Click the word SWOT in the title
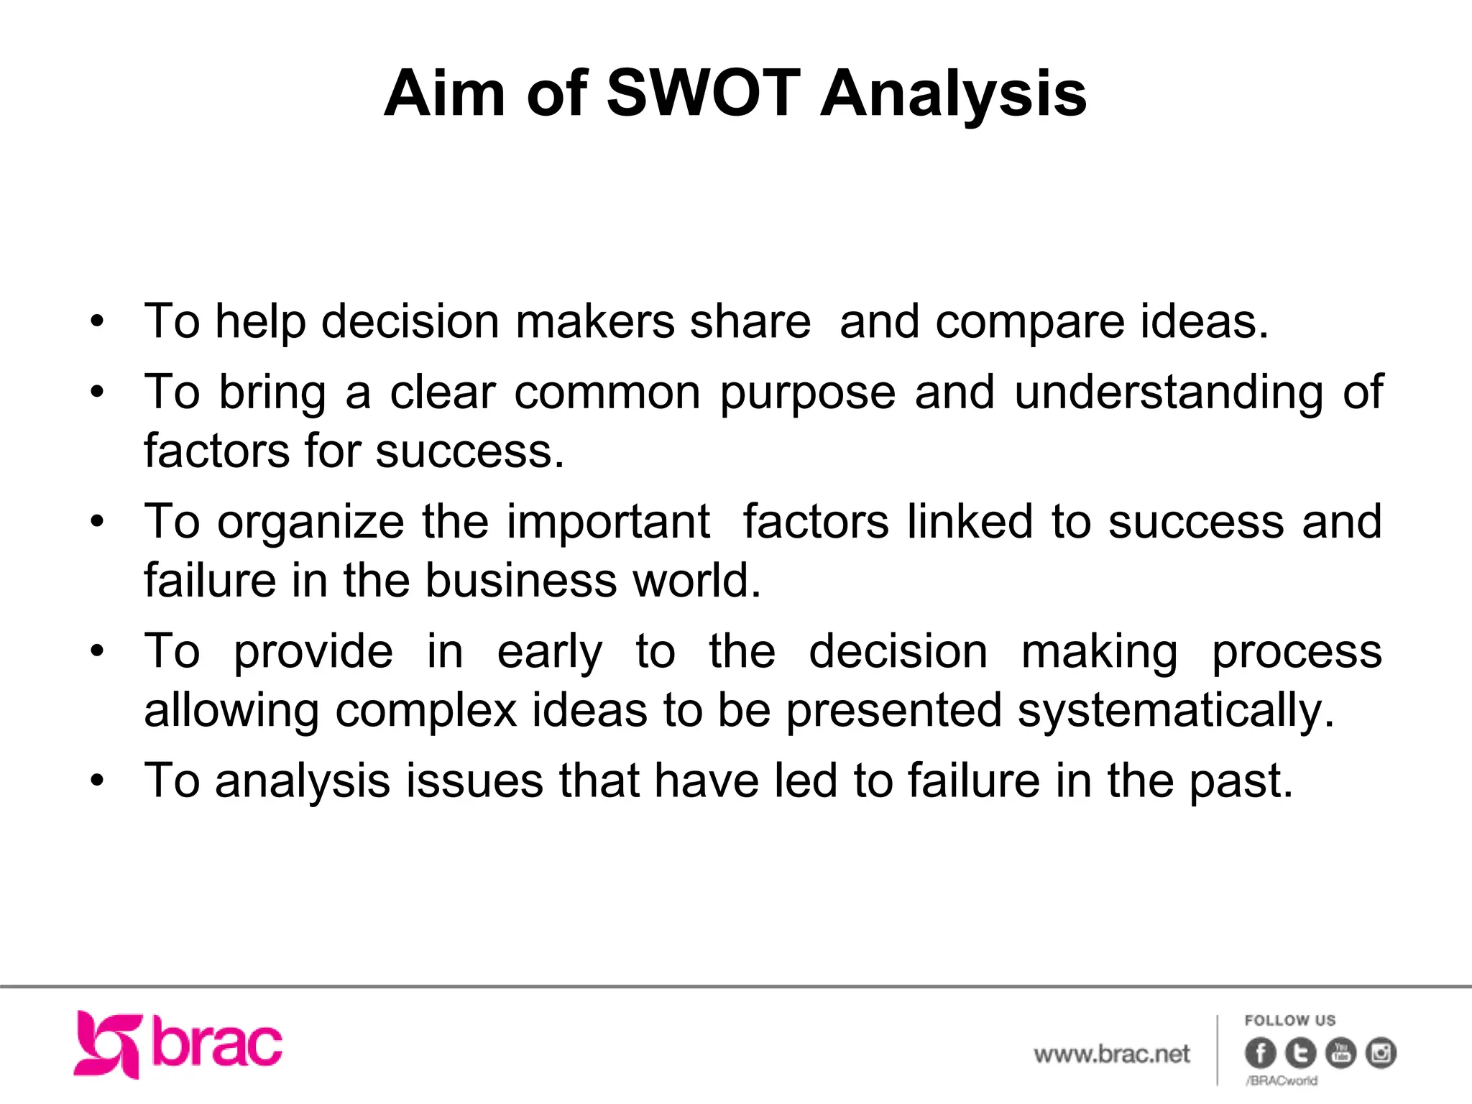tap(703, 93)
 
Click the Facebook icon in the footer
tap(1260, 1054)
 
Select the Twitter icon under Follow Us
tap(1300, 1054)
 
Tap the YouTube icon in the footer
tap(1340, 1054)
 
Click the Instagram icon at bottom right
tap(1381, 1054)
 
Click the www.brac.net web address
tap(1112, 1054)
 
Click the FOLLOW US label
tap(1290, 1021)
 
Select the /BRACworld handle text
tap(1282, 1080)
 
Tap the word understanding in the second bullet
tap(1169, 393)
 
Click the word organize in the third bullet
tap(311, 523)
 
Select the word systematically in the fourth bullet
tap(1176, 712)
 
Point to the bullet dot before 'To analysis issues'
tap(98, 781)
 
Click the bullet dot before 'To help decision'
tap(98, 321)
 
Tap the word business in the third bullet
tap(521, 581)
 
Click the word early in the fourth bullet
tap(550, 653)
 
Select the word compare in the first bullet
tap(1029, 323)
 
